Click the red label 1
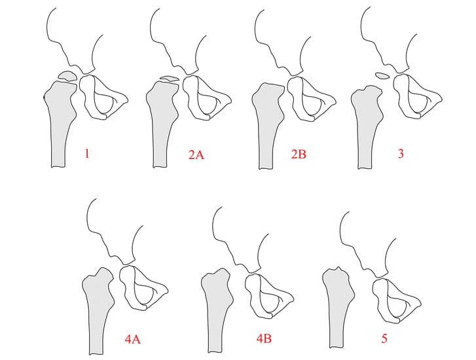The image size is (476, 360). click(x=87, y=154)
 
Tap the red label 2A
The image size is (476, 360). click(x=196, y=155)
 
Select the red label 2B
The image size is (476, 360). click(x=299, y=154)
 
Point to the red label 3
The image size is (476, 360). click(x=401, y=154)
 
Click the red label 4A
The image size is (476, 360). click(x=133, y=339)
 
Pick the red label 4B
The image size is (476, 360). click(x=264, y=338)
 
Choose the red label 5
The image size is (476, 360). click(x=384, y=338)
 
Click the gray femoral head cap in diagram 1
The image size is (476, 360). click(x=67, y=76)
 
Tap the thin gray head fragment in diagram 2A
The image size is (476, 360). click(x=170, y=79)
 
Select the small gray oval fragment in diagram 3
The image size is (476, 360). click(x=382, y=75)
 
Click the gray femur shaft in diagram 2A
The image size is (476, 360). click(x=162, y=121)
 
